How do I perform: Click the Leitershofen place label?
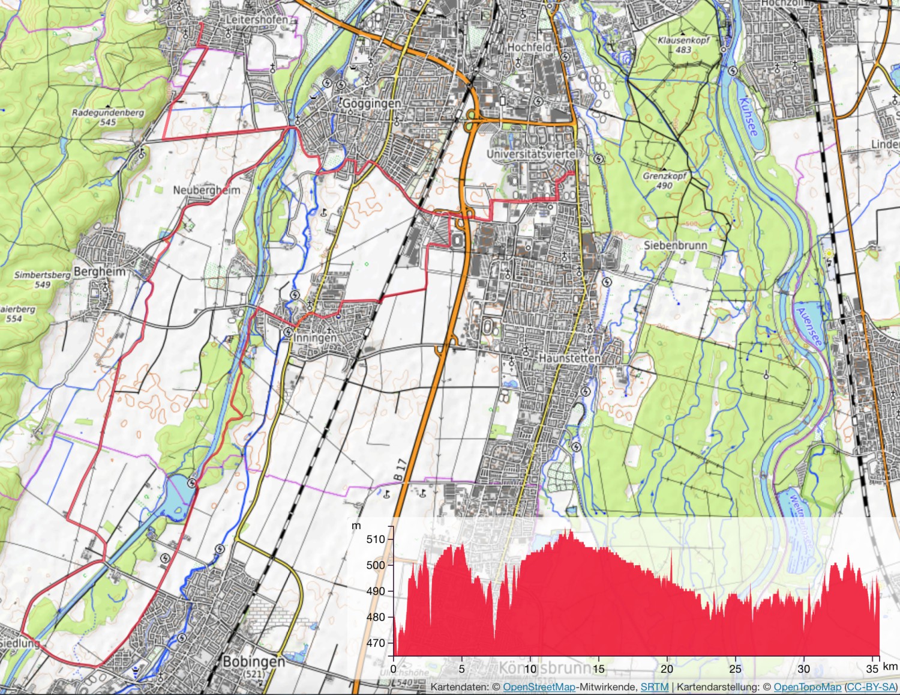(x=256, y=20)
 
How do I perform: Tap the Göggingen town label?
(x=371, y=103)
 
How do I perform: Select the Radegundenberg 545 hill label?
(x=108, y=117)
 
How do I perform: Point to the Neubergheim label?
(x=206, y=190)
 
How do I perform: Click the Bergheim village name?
(x=100, y=272)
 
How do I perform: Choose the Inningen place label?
(x=315, y=338)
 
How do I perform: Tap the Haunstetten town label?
(x=569, y=358)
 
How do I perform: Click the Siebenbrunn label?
(x=675, y=245)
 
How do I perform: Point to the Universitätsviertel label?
(x=533, y=154)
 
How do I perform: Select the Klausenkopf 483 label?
(x=683, y=45)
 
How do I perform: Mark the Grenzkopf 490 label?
(x=664, y=181)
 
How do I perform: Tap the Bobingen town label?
(x=253, y=662)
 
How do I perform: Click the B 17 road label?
(x=400, y=469)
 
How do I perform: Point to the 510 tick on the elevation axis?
(x=376, y=539)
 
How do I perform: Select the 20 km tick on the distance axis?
(x=667, y=669)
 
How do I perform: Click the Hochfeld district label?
(x=529, y=47)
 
